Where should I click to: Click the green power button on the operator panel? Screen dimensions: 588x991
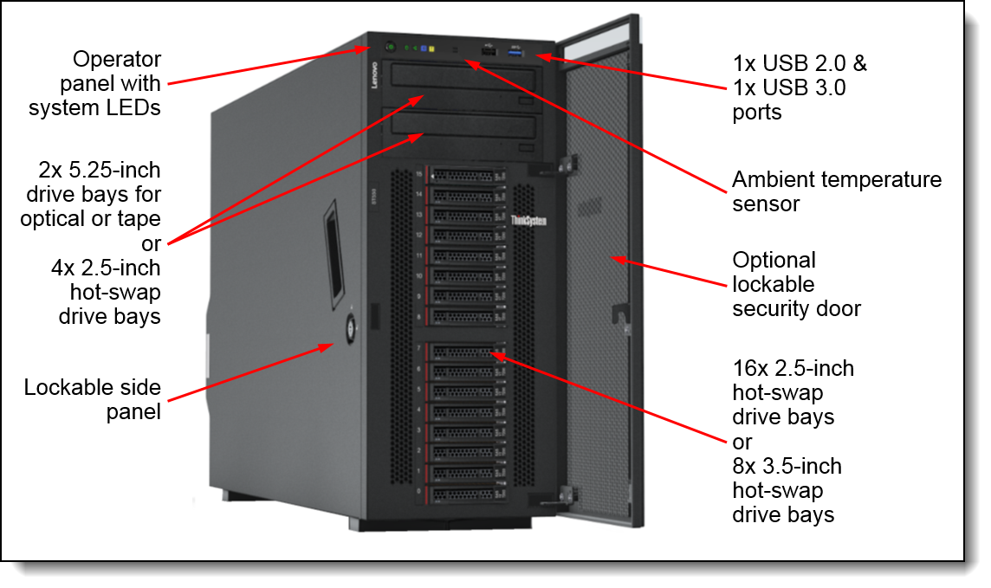click(x=390, y=46)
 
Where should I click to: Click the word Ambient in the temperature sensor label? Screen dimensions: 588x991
click(x=776, y=180)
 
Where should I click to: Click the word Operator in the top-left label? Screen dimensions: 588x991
click(x=116, y=60)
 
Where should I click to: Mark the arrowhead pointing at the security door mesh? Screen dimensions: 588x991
click(x=617, y=258)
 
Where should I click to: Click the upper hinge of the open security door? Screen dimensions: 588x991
click(x=567, y=162)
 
